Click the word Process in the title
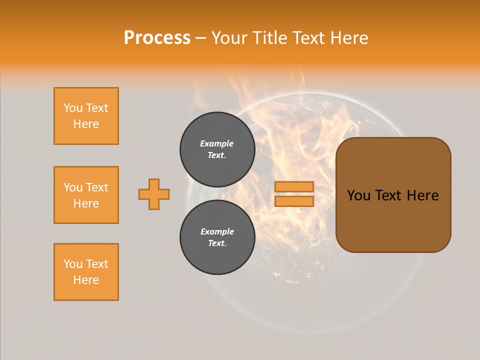pos(157,38)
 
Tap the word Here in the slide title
pos(347,38)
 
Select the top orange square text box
pos(86,116)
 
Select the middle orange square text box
pos(86,195)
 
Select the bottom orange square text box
pos(86,272)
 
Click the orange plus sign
pos(154,194)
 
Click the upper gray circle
pos(217,149)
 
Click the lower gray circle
pos(217,237)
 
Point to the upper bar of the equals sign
pos(294,186)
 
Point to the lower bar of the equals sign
pos(294,201)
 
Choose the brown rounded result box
pos(393,220)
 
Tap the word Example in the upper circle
pos(217,143)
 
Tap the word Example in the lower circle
pos(217,231)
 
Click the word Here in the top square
pos(86,124)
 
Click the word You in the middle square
pos(73,187)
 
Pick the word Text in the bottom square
pos(97,264)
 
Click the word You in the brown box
pos(358,195)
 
